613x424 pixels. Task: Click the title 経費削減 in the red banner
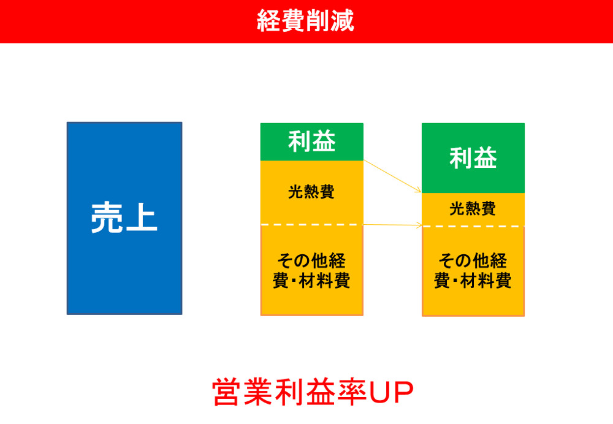coord(305,21)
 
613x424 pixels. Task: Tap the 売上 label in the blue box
coord(124,218)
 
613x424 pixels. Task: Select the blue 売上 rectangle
coord(124,219)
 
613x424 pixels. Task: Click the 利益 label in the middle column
coord(311,142)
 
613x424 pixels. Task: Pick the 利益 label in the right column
coord(473,158)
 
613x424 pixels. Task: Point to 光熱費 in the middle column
coord(311,192)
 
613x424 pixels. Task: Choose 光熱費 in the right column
coord(473,209)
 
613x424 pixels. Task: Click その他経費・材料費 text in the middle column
coord(311,271)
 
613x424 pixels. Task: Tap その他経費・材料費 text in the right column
coord(473,271)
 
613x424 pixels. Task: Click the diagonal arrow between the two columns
coord(392,176)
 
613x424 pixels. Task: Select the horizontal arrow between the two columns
coord(393,225)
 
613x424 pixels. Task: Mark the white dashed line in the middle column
coord(311,225)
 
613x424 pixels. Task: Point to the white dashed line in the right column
coord(473,226)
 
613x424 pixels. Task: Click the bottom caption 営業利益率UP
coord(313,392)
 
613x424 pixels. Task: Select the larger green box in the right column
coord(473,158)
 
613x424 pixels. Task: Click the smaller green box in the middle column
coord(312,142)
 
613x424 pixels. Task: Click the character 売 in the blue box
coord(107,218)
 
